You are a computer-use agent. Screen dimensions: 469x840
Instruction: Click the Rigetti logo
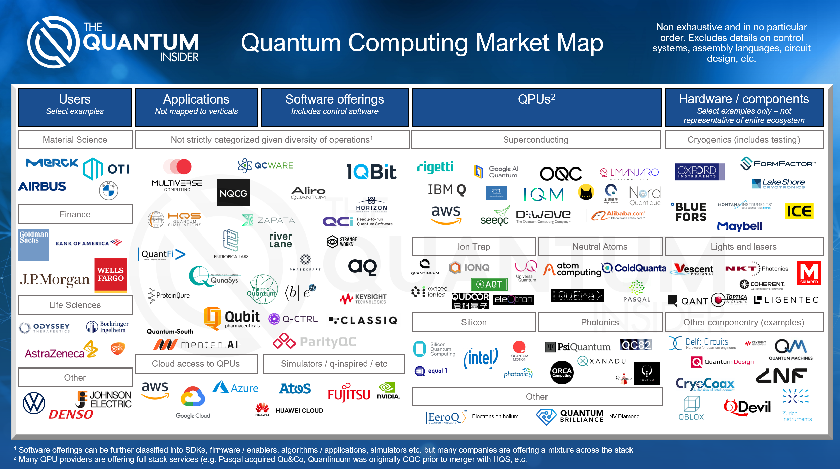click(x=435, y=167)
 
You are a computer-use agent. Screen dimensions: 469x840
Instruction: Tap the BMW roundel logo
click(x=108, y=190)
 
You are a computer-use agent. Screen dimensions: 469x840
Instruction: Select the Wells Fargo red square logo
click(x=111, y=274)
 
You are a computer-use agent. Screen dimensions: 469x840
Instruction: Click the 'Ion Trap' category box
click(x=474, y=247)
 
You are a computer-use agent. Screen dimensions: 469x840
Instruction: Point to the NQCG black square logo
click(x=233, y=193)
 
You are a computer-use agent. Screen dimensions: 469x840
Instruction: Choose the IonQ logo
click(x=469, y=267)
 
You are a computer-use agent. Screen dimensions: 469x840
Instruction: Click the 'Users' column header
click(x=75, y=107)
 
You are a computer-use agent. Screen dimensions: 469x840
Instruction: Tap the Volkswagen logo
click(x=34, y=403)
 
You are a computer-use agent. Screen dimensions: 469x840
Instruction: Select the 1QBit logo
click(x=371, y=172)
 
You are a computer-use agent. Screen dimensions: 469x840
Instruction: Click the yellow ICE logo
click(x=799, y=211)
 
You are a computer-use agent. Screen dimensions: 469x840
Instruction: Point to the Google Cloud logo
click(x=193, y=401)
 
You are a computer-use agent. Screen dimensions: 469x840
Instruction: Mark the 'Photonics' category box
click(x=600, y=322)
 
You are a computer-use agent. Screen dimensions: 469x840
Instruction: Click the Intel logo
click(x=481, y=358)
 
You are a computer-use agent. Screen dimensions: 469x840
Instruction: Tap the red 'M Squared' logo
click(x=809, y=273)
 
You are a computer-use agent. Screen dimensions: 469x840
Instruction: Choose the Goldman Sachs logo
click(x=33, y=245)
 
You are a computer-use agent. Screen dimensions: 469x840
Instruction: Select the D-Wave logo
click(x=543, y=216)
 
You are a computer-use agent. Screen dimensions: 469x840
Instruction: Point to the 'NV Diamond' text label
click(x=624, y=416)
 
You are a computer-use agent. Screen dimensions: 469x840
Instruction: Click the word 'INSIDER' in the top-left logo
click(x=179, y=57)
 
